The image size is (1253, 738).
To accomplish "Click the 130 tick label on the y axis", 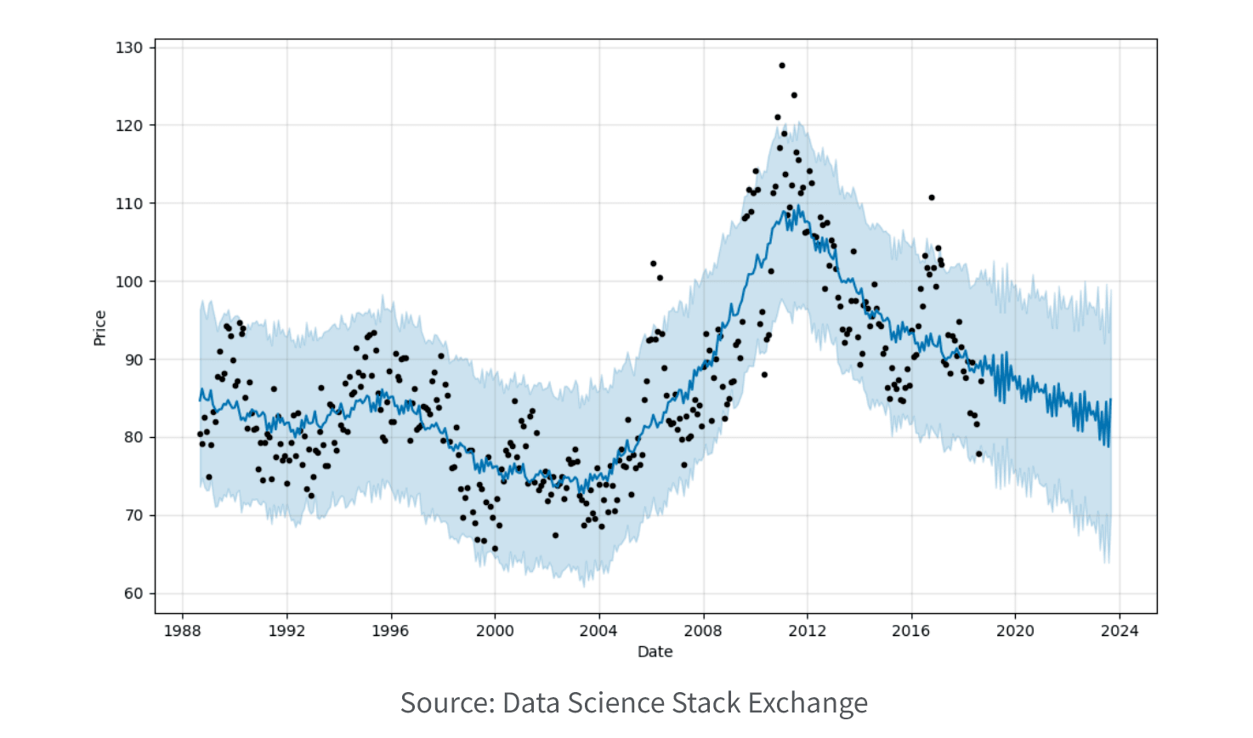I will tap(129, 48).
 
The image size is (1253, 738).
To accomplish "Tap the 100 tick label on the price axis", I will tap(129, 281).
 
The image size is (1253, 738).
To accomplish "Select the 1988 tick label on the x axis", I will tap(182, 631).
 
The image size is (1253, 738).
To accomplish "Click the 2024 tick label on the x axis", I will tap(1120, 631).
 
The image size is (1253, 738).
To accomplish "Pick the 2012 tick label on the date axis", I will tap(807, 631).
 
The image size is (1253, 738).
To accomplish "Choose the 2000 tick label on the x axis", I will tap(495, 631).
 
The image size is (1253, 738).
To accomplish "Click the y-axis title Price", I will tap(99, 328).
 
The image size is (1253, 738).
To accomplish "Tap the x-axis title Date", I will tap(655, 652).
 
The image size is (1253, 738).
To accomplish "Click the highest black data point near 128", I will tap(782, 65).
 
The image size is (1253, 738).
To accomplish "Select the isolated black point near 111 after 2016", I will tap(932, 197).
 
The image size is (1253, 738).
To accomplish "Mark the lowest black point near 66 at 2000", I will tap(495, 548).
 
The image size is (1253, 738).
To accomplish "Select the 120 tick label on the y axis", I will tap(129, 126).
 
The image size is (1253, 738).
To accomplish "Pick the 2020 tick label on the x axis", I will tap(1015, 631).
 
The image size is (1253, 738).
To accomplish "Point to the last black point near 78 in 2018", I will tap(978, 453).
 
